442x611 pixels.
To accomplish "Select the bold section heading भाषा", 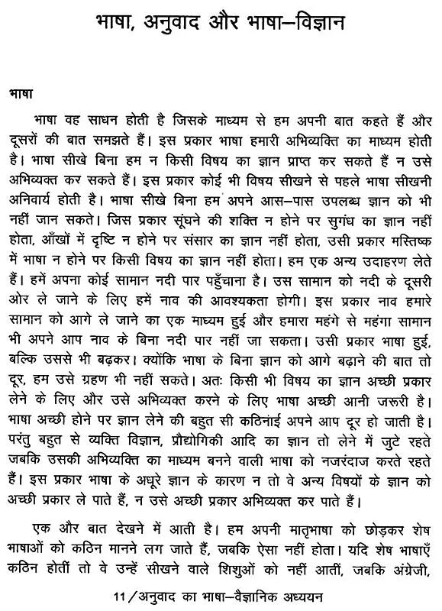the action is click(21, 99).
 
